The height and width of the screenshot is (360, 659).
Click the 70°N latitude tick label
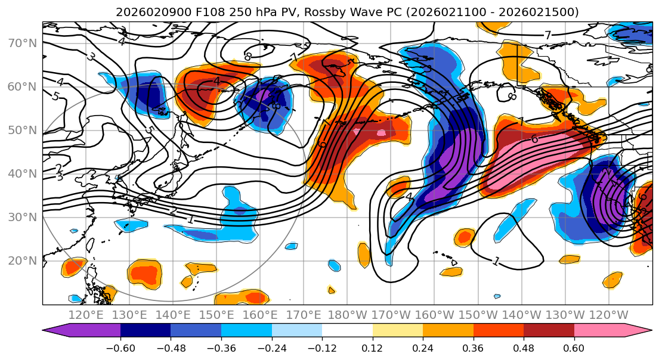21,43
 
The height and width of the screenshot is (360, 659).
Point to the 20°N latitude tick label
21,260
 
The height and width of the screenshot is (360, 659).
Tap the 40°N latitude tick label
21,173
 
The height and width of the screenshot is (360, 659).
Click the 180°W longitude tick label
347,315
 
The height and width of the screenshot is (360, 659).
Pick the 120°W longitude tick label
608,315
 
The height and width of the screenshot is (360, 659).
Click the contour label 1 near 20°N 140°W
496,261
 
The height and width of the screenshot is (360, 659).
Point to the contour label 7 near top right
547,36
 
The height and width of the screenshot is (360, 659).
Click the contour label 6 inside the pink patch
534,139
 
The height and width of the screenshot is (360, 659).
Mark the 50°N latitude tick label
21,130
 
